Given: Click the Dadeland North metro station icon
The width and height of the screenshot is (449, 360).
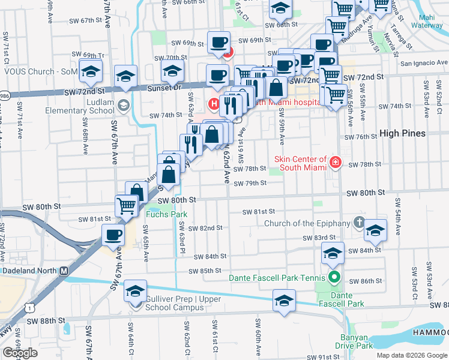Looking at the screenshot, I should pyautogui.click(x=63, y=270).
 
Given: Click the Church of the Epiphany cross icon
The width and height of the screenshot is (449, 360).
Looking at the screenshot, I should pyautogui.click(x=359, y=223).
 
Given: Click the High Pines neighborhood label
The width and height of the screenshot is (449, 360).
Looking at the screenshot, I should pyautogui.click(x=403, y=133).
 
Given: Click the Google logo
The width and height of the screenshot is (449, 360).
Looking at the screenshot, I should pyautogui.click(x=20, y=353).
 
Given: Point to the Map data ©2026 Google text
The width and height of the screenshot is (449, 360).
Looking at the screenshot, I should pyautogui.click(x=412, y=355).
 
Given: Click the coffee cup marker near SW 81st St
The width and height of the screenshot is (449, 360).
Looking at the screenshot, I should pyautogui.click(x=113, y=236).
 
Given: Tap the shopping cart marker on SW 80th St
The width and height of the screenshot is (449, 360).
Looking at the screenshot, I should pyautogui.click(x=127, y=206).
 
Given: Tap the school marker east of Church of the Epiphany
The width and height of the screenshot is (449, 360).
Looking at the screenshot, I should pyautogui.click(x=375, y=230).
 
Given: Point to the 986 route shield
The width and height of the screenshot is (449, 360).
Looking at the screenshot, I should pyautogui.click(x=4, y=95).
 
